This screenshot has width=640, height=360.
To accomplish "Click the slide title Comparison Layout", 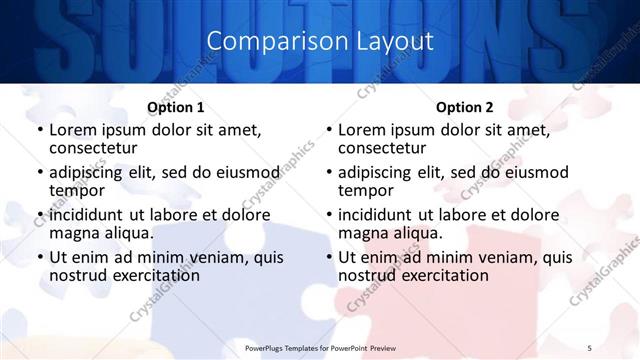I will [320, 41].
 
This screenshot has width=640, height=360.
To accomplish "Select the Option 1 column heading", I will [176, 107].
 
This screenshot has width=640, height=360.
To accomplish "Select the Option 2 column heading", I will [465, 107].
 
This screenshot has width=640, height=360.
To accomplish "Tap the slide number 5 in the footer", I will [590, 347].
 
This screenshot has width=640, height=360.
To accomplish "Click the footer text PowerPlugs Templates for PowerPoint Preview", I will [320, 347].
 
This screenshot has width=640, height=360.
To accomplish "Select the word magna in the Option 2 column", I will [362, 233].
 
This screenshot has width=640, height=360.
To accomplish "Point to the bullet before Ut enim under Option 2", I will [329, 257].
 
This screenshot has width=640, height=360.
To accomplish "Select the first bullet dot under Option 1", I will [40, 131].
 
